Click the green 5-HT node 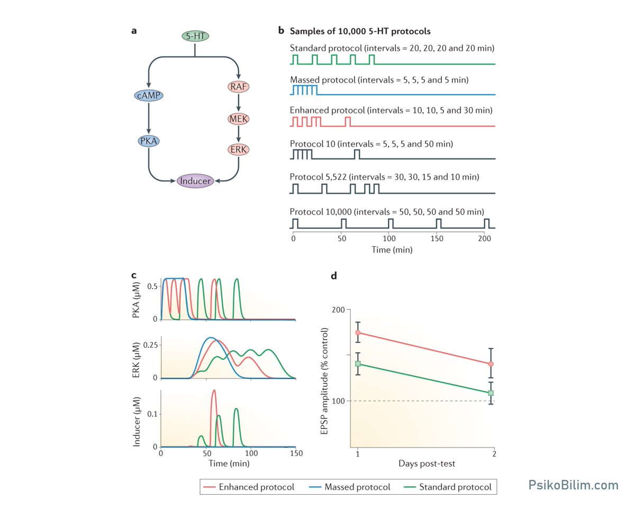[195, 36]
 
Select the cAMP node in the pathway [148, 95]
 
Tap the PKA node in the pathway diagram [148, 141]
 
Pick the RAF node [239, 86]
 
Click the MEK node [239, 119]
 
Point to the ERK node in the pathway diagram [239, 149]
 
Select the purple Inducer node [195, 181]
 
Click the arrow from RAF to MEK [239, 102]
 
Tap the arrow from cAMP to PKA [148, 118]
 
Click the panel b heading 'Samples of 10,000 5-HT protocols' [360, 31]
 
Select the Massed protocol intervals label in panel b [379, 80]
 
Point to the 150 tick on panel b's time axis [437, 238]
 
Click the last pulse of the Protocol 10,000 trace [487, 223]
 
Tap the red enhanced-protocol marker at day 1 [358, 333]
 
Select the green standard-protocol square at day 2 [491, 393]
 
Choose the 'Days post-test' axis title [427, 463]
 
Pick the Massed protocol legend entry [350, 487]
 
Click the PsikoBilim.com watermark [573, 485]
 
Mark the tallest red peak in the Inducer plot [214, 390]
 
